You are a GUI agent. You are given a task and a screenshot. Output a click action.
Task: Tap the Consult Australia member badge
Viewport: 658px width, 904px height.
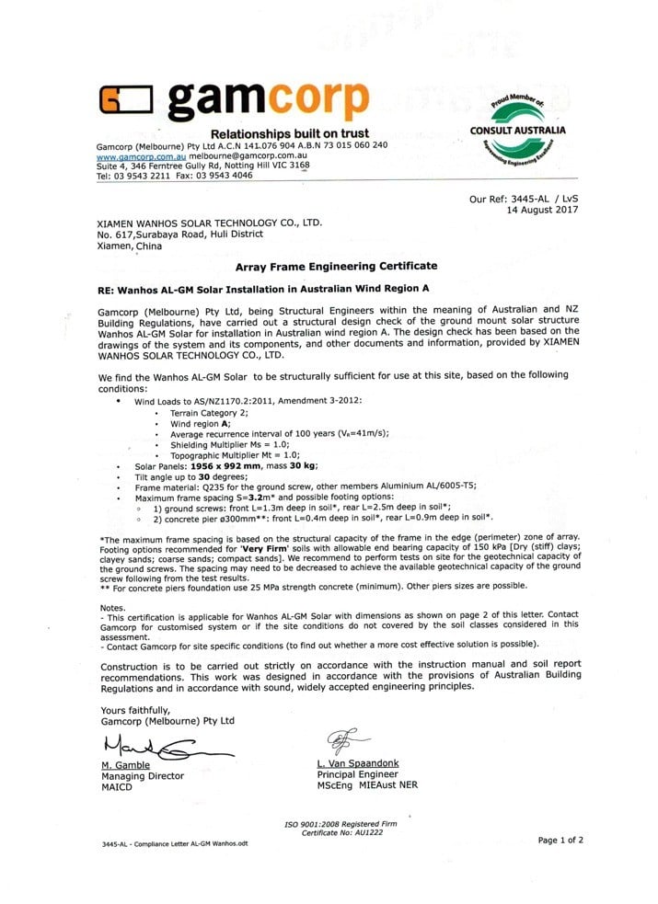pos(517,131)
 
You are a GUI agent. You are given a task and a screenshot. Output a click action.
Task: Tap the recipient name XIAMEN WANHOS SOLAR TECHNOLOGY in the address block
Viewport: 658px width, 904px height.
pos(209,223)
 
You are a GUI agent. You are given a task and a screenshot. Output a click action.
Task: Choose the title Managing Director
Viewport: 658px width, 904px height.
pos(142,776)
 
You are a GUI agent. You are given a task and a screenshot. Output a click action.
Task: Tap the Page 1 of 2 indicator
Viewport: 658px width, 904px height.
pos(560,840)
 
